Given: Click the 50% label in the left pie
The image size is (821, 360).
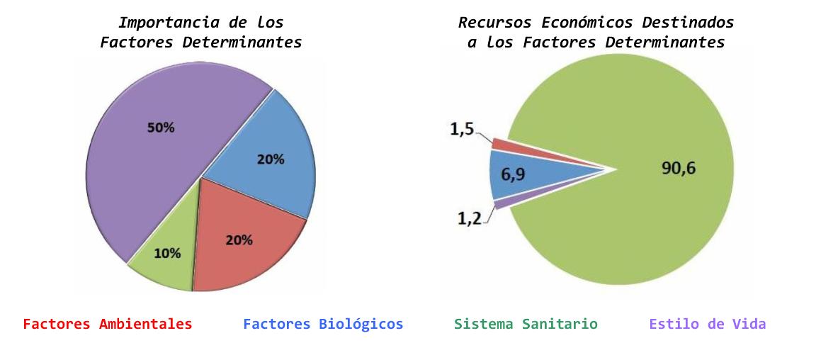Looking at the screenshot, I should tap(161, 128).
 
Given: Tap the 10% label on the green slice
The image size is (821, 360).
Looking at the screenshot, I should tap(167, 253).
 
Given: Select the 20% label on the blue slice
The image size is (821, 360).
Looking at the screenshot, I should tap(271, 159).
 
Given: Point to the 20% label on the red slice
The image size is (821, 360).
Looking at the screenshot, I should tap(239, 240).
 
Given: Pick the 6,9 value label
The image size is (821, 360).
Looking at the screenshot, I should tap(513, 174).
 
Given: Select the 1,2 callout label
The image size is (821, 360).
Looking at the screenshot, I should tap(470, 218).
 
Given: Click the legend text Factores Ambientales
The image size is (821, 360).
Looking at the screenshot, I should tap(108, 324).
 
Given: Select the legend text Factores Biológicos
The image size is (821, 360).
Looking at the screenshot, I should tap(323, 324).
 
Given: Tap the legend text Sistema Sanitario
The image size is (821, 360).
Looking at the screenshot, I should tap(526, 324).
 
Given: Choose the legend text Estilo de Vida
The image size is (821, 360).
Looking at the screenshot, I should tap(707, 324).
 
